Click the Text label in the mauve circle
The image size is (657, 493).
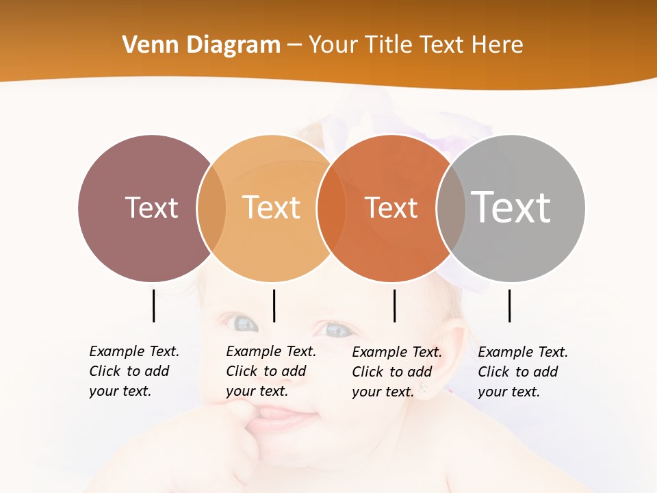click(151, 207)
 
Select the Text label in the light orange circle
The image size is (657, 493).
click(272, 207)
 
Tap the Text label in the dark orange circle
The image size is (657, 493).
click(391, 207)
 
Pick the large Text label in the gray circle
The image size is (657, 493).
click(511, 207)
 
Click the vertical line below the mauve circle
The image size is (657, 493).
click(153, 305)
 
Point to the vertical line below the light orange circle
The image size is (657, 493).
click(274, 305)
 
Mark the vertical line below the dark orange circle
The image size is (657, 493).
click(394, 305)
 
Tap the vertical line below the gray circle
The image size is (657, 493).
click(509, 305)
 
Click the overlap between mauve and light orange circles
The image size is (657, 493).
click(211, 208)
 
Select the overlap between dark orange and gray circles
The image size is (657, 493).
click(450, 208)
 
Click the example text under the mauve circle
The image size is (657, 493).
click(134, 371)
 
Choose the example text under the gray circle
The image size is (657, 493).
click(523, 372)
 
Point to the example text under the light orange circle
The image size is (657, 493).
click(271, 371)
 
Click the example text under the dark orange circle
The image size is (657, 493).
click(397, 372)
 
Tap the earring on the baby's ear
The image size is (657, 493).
click(424, 390)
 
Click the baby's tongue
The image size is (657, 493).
click(281, 414)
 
